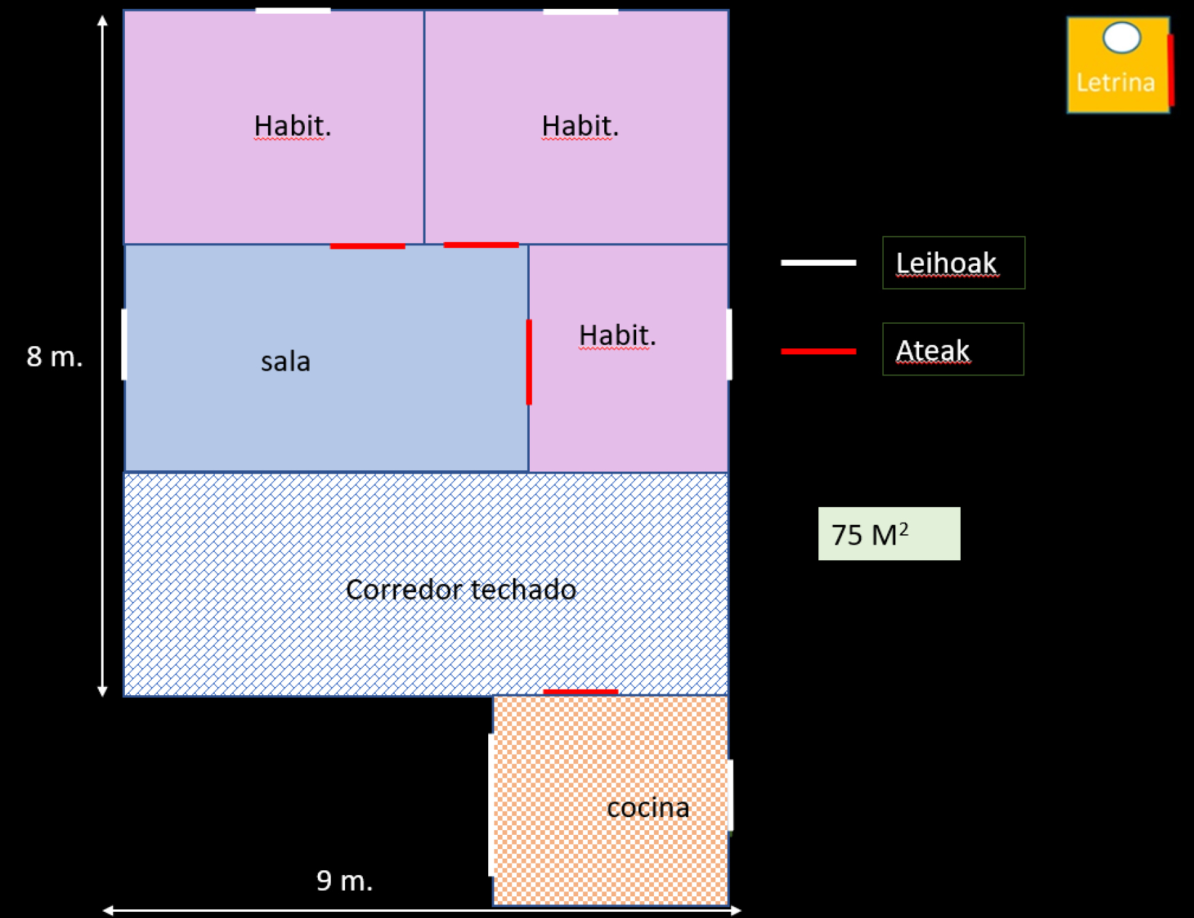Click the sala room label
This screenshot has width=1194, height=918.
tap(285, 361)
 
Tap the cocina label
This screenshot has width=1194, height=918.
tap(648, 808)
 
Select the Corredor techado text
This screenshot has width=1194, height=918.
tap(461, 590)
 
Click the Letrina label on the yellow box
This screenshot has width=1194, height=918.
tap(1116, 82)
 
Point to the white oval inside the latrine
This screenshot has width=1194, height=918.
tap(1122, 37)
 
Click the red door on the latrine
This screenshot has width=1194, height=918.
tap(1170, 70)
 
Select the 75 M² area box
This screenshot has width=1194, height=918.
tap(889, 534)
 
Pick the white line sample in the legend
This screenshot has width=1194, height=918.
tap(818, 262)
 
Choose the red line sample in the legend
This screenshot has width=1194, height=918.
tap(818, 351)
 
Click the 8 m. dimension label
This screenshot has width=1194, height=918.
tap(55, 356)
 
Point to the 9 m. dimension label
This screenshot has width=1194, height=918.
tap(344, 881)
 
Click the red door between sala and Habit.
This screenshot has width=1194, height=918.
tap(529, 362)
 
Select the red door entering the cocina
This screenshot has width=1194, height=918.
tap(580, 692)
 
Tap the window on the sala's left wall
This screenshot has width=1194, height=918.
tap(124, 344)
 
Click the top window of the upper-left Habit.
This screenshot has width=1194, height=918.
tap(293, 11)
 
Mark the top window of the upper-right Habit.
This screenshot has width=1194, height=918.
tap(580, 12)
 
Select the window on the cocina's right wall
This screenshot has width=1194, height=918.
tap(730, 795)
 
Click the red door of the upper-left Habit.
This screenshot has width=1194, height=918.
tap(368, 246)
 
